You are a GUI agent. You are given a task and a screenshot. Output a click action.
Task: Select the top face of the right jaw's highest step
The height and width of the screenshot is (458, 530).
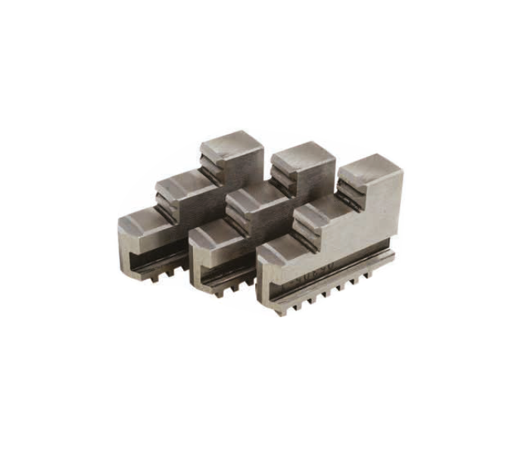(x=369, y=168)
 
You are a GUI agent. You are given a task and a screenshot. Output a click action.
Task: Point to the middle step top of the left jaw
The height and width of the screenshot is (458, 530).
(x=182, y=181)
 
